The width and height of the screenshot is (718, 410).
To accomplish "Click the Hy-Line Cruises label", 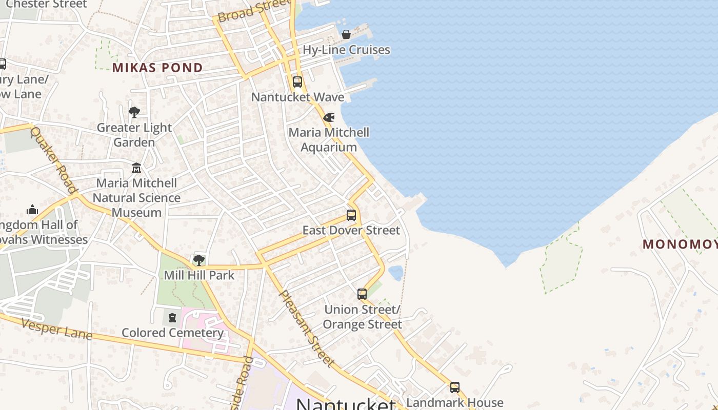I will pyautogui.click(x=346, y=50).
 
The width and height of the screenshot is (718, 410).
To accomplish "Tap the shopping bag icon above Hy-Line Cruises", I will pyautogui.click(x=346, y=34).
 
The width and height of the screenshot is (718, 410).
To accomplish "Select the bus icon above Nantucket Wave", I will pyautogui.click(x=297, y=82).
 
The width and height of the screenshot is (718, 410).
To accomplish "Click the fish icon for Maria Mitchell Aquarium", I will pyautogui.click(x=329, y=117).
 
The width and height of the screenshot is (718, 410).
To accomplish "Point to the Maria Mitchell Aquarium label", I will pyautogui.click(x=329, y=140).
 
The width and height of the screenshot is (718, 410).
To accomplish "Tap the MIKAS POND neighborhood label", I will pyautogui.click(x=157, y=68).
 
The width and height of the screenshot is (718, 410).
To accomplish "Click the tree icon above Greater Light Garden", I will pyautogui.click(x=134, y=112).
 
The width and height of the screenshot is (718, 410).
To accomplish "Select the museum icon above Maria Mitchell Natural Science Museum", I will pyautogui.click(x=136, y=168).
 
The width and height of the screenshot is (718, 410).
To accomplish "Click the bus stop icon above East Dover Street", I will pyautogui.click(x=351, y=215).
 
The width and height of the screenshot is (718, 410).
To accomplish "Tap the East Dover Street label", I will pyautogui.click(x=351, y=231).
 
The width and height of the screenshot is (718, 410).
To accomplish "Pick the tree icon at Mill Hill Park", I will pyautogui.click(x=199, y=260).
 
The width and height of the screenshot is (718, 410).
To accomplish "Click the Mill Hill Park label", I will pyautogui.click(x=199, y=275).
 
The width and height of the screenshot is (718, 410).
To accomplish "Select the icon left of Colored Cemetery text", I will pyautogui.click(x=172, y=318).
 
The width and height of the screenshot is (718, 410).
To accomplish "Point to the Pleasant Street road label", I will pyautogui.click(x=307, y=329).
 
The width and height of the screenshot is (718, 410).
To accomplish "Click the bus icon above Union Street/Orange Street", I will pyautogui.click(x=362, y=294).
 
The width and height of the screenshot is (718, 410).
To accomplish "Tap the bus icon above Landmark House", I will pyautogui.click(x=455, y=387).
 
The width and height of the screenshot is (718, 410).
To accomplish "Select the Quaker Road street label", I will pyautogui.click(x=53, y=160).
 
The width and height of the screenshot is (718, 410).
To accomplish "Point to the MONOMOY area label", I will pyautogui.click(x=680, y=244).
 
